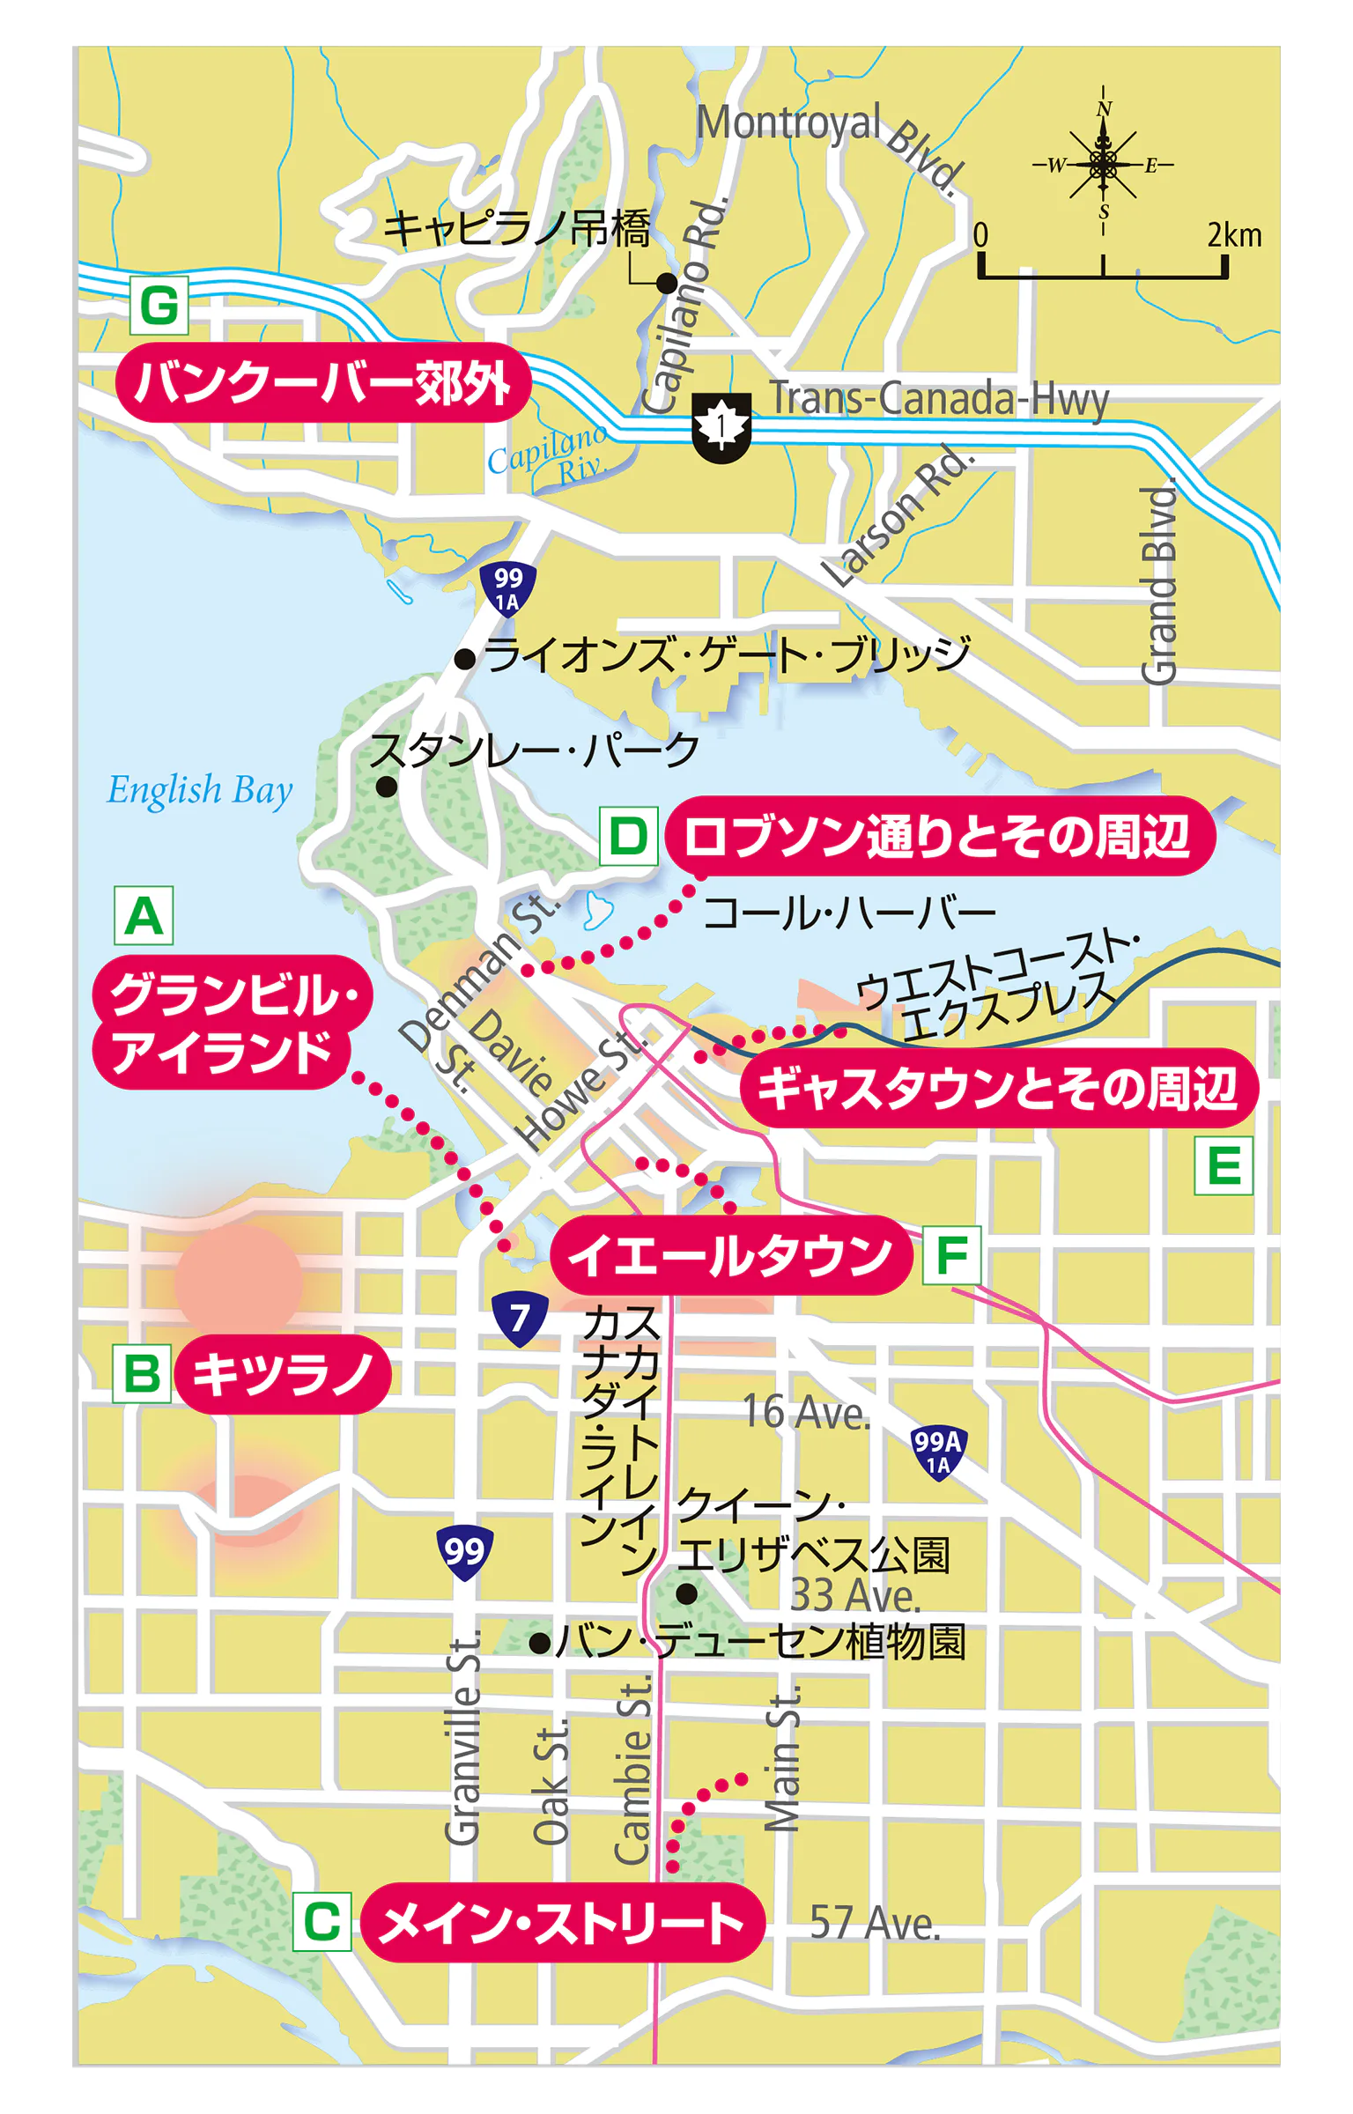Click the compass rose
(1103, 163)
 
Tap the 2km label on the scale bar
(1234, 235)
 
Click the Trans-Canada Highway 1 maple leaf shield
(721, 426)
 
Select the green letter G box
(159, 306)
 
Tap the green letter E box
(1224, 1165)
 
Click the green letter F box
(951, 1254)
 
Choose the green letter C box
(322, 1921)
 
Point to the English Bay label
(199, 790)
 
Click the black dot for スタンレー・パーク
(386, 787)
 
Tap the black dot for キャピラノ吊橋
(667, 284)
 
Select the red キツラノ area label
(282, 1374)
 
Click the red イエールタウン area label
(730, 1255)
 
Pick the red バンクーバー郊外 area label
(323, 382)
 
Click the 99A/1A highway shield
(937, 1452)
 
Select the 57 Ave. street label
(875, 1922)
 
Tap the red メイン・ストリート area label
(562, 1922)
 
